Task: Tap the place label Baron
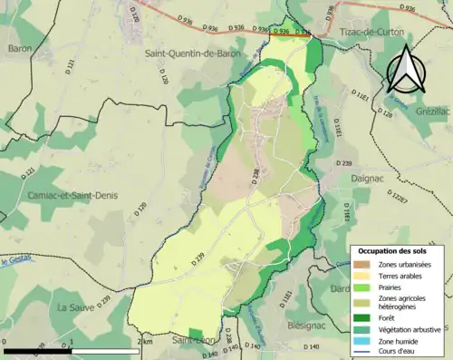[x=19, y=48]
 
